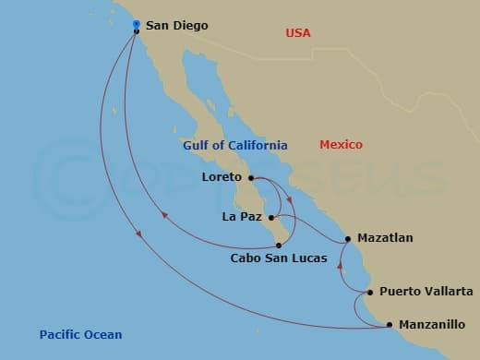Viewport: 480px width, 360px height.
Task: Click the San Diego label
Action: click(x=176, y=26)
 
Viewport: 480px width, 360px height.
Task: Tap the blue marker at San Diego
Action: click(x=136, y=24)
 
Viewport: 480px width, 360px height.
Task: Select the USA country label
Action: click(x=298, y=33)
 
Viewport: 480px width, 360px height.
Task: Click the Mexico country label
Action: click(x=341, y=145)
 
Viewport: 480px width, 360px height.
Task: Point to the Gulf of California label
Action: click(x=234, y=145)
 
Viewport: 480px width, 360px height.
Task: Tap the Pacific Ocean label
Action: click(x=80, y=334)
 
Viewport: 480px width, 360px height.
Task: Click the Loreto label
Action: click(x=220, y=177)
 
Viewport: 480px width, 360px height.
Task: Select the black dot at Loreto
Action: click(x=251, y=178)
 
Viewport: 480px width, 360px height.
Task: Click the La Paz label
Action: click(x=242, y=218)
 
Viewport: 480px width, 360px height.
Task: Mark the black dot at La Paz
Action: click(x=271, y=219)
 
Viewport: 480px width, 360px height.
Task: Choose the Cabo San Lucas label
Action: click(x=278, y=258)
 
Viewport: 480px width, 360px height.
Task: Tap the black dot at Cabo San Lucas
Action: click(x=279, y=245)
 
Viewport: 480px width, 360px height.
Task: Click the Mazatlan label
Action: click(x=385, y=238)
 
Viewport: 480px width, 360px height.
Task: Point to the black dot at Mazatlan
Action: click(x=348, y=239)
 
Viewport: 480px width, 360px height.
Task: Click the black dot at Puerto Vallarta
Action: click(x=370, y=293)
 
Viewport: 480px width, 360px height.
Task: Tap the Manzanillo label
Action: click(x=431, y=325)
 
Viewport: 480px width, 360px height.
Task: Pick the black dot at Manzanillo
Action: click(x=390, y=324)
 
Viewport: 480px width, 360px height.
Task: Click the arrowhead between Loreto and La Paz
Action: click(x=290, y=199)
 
